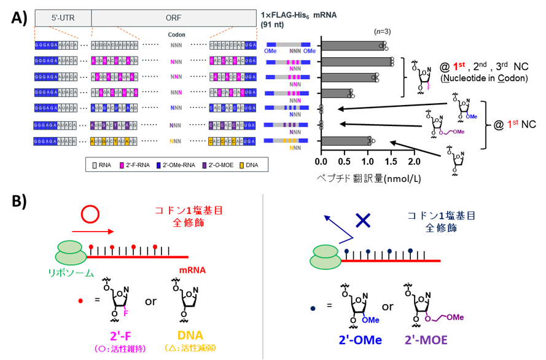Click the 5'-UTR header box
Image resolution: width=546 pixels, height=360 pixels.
click(x=63, y=18)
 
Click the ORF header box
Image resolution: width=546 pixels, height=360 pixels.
click(x=174, y=18)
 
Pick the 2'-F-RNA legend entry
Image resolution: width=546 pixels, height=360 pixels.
click(x=133, y=165)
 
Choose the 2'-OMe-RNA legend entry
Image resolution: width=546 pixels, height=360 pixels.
click(x=176, y=165)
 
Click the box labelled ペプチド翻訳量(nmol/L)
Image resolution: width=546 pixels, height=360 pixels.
click(x=373, y=179)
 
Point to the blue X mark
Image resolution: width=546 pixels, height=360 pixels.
click(x=364, y=220)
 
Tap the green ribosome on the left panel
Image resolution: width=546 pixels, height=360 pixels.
click(x=72, y=254)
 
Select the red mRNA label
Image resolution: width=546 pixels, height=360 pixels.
click(x=192, y=270)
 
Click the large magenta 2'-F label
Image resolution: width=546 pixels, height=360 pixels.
click(x=122, y=336)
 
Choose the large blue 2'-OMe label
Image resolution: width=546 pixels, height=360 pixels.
click(x=361, y=340)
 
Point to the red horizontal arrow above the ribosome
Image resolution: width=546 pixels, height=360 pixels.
click(x=92, y=232)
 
